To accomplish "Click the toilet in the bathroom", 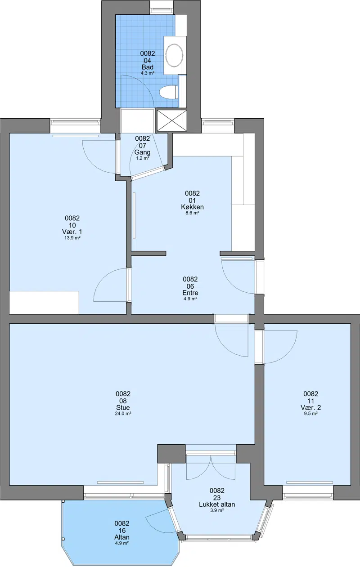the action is (168, 92).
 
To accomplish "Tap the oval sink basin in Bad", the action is (174, 55).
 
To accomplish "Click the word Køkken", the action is (192, 207).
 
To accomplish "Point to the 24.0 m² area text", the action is (123, 414).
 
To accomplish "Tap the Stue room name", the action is (123, 407).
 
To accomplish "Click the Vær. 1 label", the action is (72, 232).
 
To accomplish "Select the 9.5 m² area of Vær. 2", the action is (311, 414).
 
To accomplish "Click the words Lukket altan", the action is (217, 504).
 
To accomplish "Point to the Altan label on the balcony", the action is (122, 537).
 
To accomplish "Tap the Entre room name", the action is (190, 293).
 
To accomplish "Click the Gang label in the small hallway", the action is (142, 152).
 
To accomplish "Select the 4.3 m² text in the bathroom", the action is (148, 73).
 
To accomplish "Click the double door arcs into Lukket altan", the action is (211, 466).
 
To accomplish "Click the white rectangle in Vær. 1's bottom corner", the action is (44, 303).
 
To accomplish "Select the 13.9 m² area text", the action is (72, 238).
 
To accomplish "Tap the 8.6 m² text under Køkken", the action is (192, 213).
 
